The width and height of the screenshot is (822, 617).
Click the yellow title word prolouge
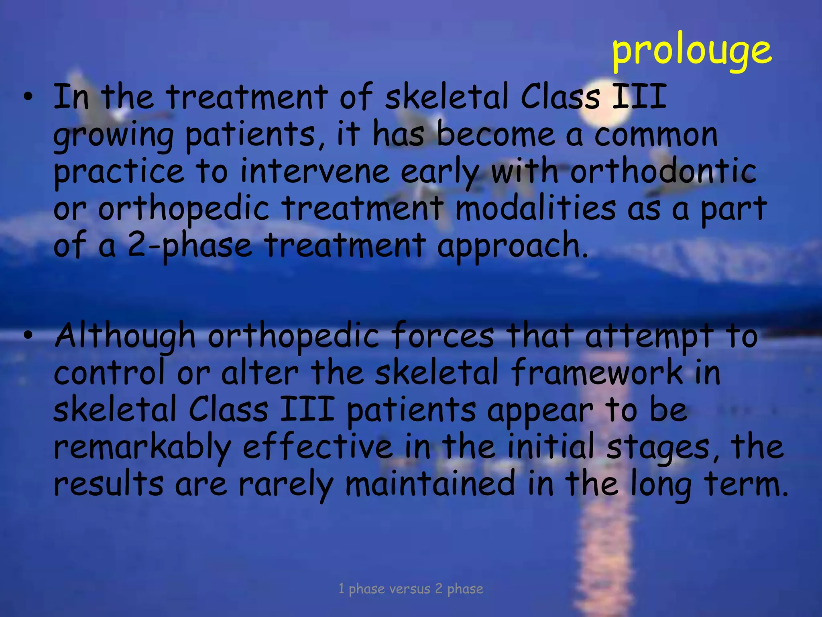(691, 51)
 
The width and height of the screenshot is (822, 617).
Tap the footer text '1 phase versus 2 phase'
(411, 589)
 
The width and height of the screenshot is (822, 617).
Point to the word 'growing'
(113, 136)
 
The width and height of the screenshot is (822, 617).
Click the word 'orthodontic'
(663, 172)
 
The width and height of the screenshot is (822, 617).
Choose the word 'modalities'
(535, 209)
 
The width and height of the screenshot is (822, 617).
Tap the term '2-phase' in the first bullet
(189, 246)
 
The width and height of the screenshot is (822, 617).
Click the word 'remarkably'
(142, 447)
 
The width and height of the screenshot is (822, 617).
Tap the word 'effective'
(317, 447)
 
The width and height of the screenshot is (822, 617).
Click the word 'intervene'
(315, 172)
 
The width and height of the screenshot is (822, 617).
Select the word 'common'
(655, 135)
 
